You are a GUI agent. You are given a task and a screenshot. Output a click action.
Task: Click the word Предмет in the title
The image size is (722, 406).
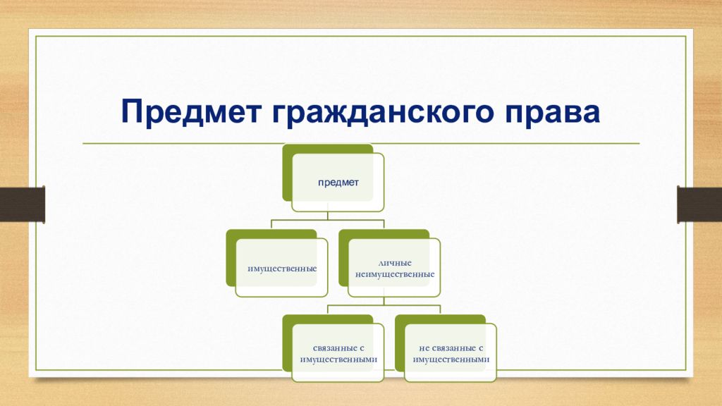[x=191, y=111]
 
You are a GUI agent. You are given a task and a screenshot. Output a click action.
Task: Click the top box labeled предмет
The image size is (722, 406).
[x=338, y=183]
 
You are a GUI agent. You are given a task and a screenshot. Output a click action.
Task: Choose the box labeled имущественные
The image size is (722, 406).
[x=281, y=268]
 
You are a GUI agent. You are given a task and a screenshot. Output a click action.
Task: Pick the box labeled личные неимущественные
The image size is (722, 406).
[x=394, y=268]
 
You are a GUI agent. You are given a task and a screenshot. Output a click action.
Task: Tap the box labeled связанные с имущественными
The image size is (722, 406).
[x=338, y=353]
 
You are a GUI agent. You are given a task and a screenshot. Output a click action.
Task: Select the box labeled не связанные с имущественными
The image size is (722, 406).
[x=451, y=353]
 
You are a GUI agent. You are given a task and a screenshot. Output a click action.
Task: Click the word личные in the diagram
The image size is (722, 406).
[x=395, y=263]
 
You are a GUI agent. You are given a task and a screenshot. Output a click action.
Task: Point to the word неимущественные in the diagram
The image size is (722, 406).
[x=395, y=274]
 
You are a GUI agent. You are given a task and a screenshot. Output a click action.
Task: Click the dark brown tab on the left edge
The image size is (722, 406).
[x=22, y=204]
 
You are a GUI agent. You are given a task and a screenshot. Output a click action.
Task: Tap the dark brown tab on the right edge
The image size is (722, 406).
[x=699, y=204]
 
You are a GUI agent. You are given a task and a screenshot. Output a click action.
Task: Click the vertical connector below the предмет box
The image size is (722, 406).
[x=328, y=216]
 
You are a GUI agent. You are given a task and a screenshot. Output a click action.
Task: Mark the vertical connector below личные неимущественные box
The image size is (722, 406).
[x=384, y=301]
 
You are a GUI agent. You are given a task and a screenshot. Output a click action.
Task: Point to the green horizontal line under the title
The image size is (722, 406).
[x=361, y=144]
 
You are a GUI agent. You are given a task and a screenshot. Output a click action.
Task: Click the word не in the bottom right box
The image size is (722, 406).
[x=424, y=348]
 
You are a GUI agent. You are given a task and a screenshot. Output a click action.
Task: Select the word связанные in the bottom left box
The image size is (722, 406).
[x=332, y=348]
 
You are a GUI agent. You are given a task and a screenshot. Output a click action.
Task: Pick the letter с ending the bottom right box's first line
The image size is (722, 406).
[x=480, y=348]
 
